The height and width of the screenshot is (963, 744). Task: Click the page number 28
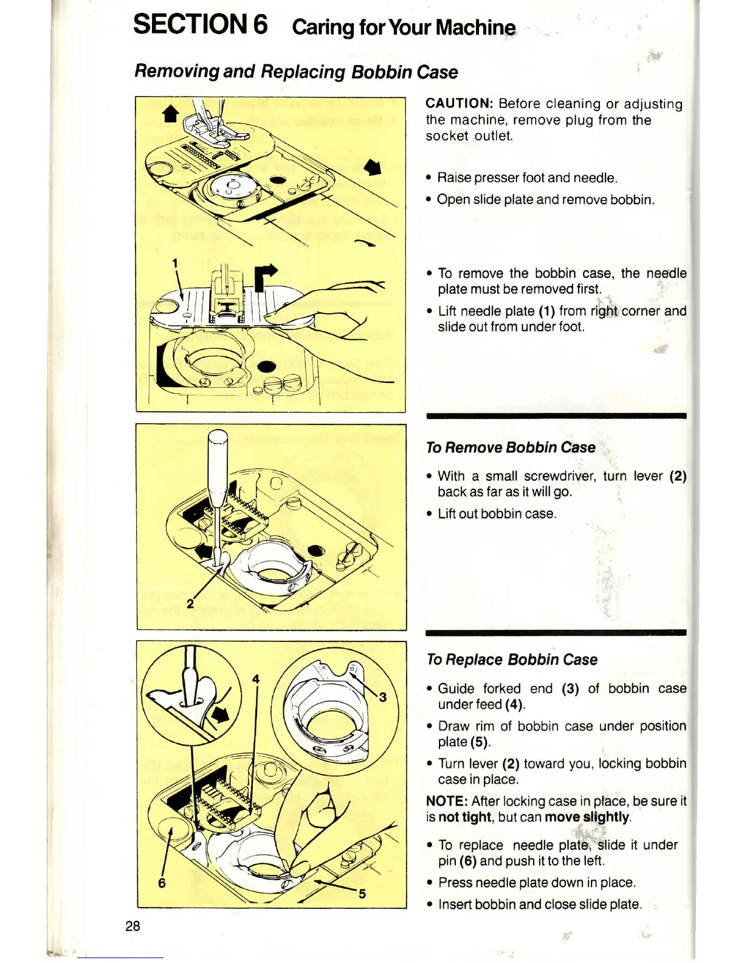pos(133,926)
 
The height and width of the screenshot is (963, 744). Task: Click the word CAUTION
pos(458,104)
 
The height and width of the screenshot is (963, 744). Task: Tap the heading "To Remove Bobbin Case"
pos(511,447)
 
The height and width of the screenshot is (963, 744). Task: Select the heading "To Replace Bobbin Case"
pos(512,660)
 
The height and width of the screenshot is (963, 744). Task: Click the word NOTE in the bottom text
pos(447,801)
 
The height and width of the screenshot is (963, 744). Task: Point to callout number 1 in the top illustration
pos(174,263)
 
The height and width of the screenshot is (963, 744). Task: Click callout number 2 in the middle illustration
pos(190,603)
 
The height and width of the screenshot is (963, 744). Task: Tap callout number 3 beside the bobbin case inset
pos(382,697)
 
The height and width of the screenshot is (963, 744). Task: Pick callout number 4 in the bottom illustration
pos(256,679)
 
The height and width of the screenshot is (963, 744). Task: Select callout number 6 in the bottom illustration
pos(162,883)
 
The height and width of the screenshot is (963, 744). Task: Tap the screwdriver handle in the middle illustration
pos(217,462)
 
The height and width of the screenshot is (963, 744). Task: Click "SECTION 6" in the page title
pos(201,26)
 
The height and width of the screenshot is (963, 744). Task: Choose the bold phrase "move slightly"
pos(587,817)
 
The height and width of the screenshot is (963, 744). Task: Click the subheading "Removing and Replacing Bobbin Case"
pos(296,72)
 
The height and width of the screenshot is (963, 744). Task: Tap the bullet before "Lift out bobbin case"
pos(429,514)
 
